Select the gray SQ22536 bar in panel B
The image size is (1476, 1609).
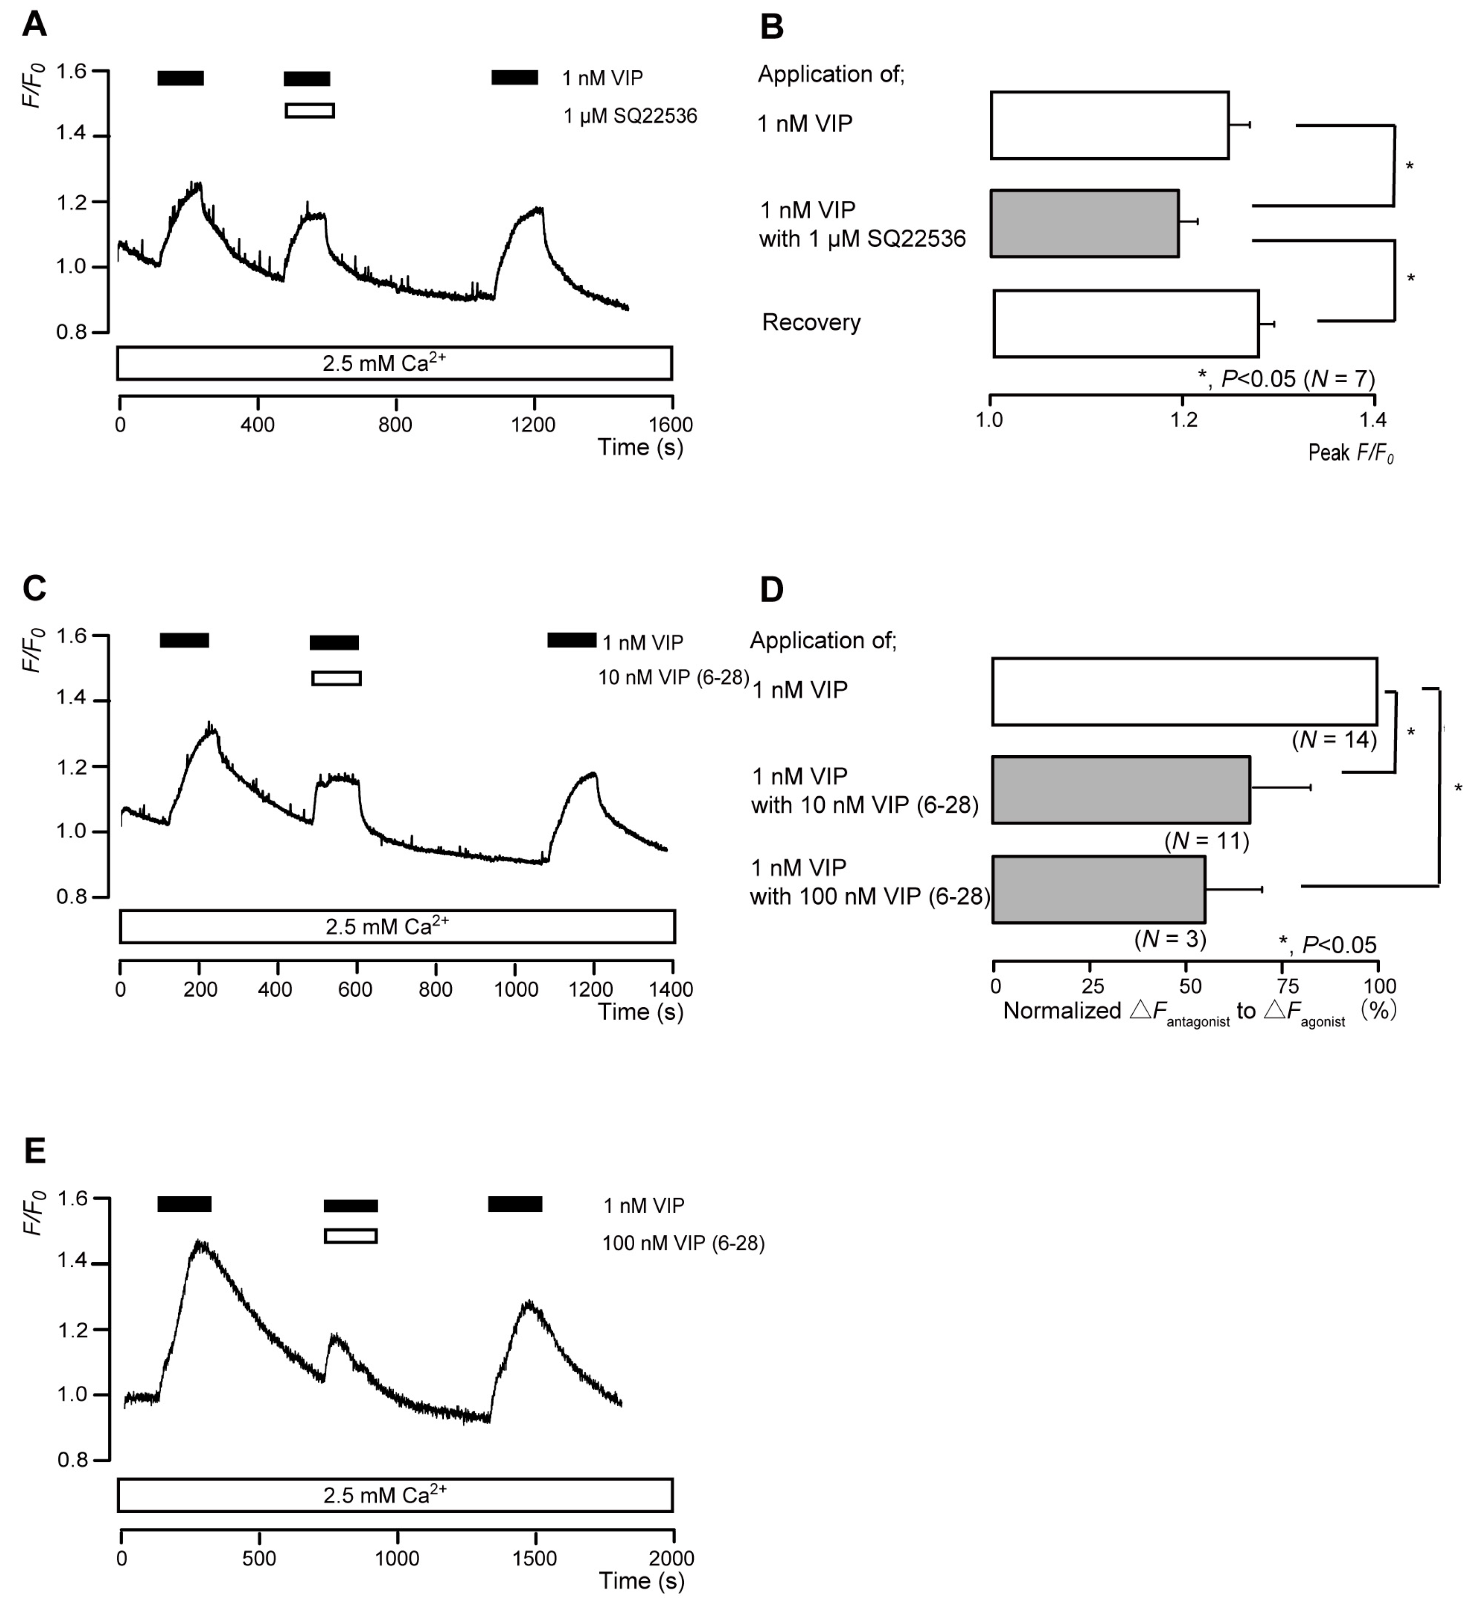pyautogui.click(x=1084, y=224)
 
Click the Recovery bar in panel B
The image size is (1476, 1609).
pyautogui.click(x=1125, y=324)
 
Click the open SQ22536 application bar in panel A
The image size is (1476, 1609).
pyautogui.click(x=310, y=111)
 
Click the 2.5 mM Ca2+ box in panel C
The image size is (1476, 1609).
pyautogui.click(x=397, y=927)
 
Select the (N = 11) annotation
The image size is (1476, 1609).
pyautogui.click(x=1206, y=841)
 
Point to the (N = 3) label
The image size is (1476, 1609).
pyautogui.click(x=1170, y=940)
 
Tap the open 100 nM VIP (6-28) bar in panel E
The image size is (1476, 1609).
pyautogui.click(x=351, y=1236)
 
